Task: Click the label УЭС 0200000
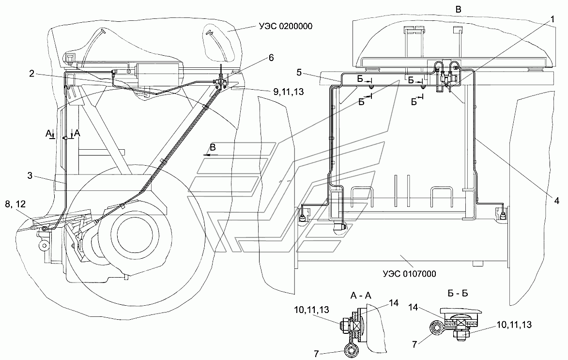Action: pyautogui.click(x=285, y=26)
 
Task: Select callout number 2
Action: pyautogui.click(x=32, y=74)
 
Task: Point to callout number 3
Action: pyautogui.click(x=30, y=176)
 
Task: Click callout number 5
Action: pyautogui.click(x=299, y=72)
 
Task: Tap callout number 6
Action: pyautogui.click(x=271, y=58)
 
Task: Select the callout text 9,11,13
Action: pyautogui.click(x=288, y=92)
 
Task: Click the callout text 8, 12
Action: pyautogui.click(x=15, y=204)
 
